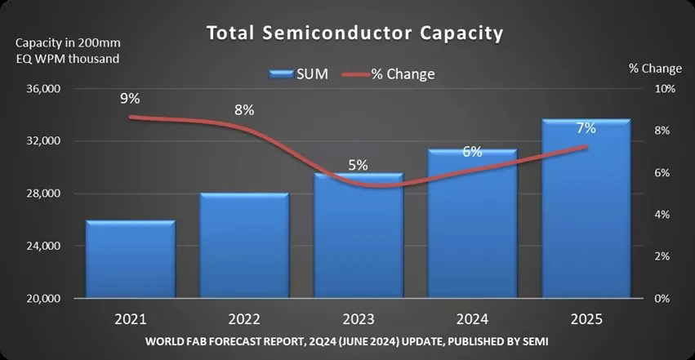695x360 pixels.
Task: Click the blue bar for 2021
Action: pyautogui.click(x=130, y=260)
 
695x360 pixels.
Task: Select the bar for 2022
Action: pyautogui.click(x=244, y=246)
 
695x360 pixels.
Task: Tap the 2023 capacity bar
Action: pyautogui.click(x=358, y=236)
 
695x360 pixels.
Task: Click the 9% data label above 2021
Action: pyautogui.click(x=130, y=99)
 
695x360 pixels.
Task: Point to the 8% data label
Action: pyautogui.click(x=244, y=109)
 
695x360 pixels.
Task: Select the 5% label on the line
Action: pyautogui.click(x=358, y=164)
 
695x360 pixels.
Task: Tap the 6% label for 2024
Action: pyautogui.click(x=472, y=151)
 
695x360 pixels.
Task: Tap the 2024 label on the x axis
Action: pyautogui.click(x=472, y=316)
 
